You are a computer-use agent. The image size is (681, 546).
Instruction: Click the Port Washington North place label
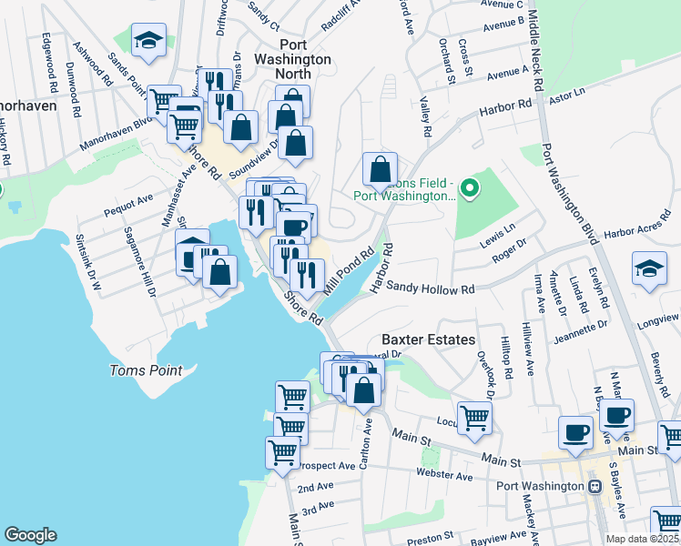click(x=305, y=52)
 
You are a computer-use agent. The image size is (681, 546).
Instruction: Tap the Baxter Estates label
click(x=428, y=339)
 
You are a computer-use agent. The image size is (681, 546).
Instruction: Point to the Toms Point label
click(x=146, y=370)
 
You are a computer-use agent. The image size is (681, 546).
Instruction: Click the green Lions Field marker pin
click(x=470, y=189)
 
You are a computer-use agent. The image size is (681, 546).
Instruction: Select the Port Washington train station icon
click(x=595, y=486)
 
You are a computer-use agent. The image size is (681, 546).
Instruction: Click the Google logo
click(x=30, y=535)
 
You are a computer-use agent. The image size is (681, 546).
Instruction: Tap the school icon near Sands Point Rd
click(x=148, y=41)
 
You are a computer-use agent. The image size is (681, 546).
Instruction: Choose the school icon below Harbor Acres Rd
click(x=650, y=269)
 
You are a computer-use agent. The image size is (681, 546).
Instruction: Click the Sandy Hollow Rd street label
click(x=431, y=288)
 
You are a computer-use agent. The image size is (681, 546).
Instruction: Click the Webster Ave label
click(x=446, y=476)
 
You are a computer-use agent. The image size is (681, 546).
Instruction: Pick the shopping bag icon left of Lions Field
click(x=380, y=169)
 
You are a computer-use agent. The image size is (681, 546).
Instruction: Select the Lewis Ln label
click(x=497, y=228)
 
